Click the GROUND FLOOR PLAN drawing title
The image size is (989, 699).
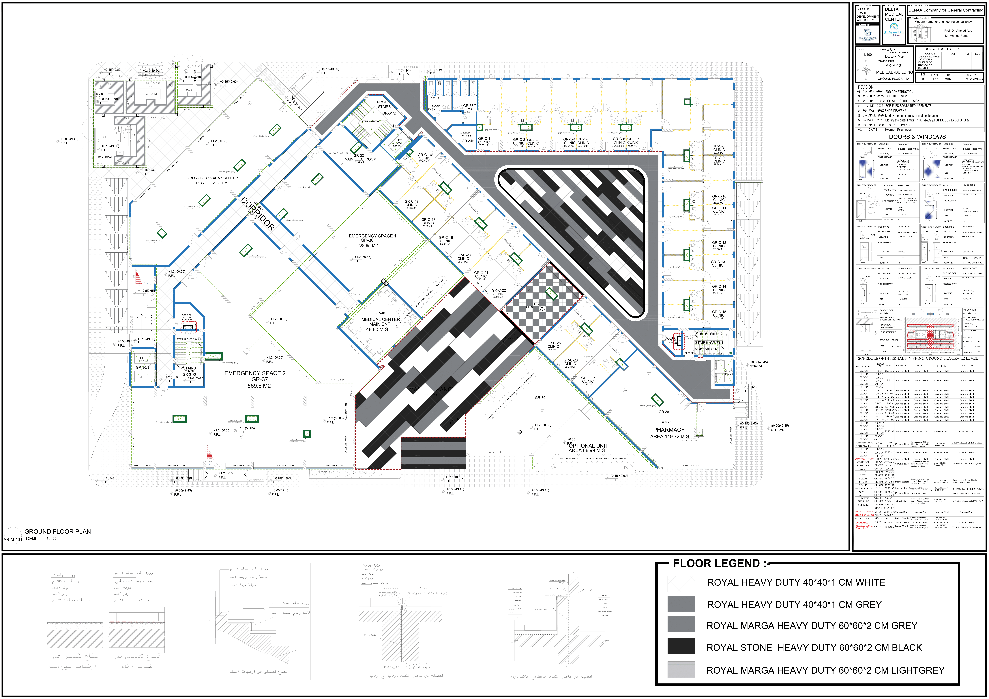(57, 532)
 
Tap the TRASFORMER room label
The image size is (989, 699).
(151, 94)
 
